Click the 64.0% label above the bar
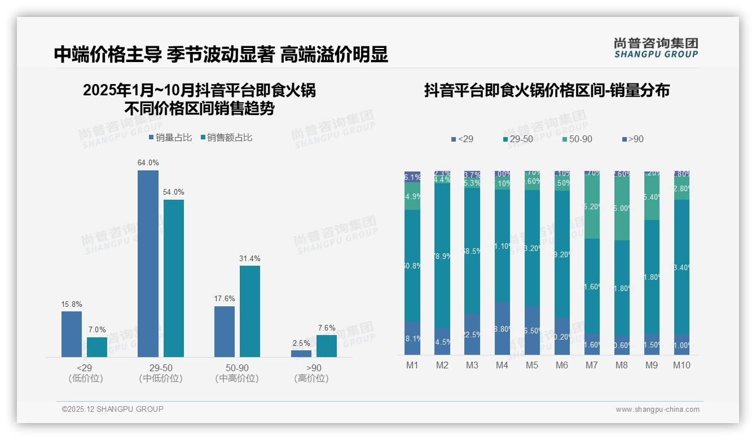click(x=148, y=163)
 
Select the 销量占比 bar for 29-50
click(x=148, y=263)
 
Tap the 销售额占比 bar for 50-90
click(x=250, y=311)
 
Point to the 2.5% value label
click(x=301, y=343)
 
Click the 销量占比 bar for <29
click(x=72, y=334)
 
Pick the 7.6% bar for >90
click(x=326, y=346)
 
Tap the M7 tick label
click(x=591, y=366)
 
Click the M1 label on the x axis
click(x=412, y=366)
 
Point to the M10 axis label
click(x=682, y=366)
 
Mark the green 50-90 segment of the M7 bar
click(x=592, y=207)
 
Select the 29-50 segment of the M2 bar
click(x=442, y=256)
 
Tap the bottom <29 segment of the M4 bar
click(x=502, y=328)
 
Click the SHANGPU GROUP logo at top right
click(x=656, y=48)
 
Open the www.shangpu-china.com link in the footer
click(x=657, y=410)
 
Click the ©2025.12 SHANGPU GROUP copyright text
click(x=113, y=410)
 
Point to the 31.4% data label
click(x=250, y=259)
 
